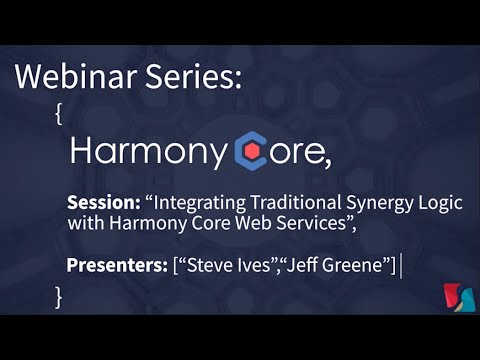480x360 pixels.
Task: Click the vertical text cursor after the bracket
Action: click(x=401, y=265)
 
